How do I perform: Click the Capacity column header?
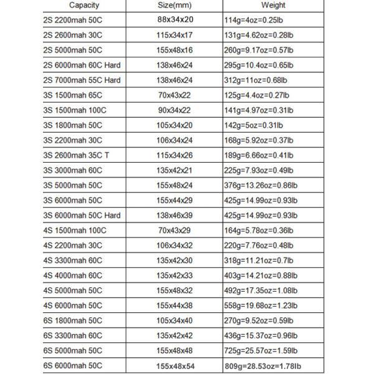coord(84,5)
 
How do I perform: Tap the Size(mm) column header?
coord(175,5)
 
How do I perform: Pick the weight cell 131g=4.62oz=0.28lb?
coord(257,36)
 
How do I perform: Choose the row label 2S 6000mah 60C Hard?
coord(82,65)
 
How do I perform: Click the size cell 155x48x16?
coord(176,50)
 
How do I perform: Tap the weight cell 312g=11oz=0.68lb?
coord(255,80)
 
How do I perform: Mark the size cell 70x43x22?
coord(176,95)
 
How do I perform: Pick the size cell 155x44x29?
coord(176,201)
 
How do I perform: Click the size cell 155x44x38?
coord(176,306)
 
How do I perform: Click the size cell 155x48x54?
coord(176,366)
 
